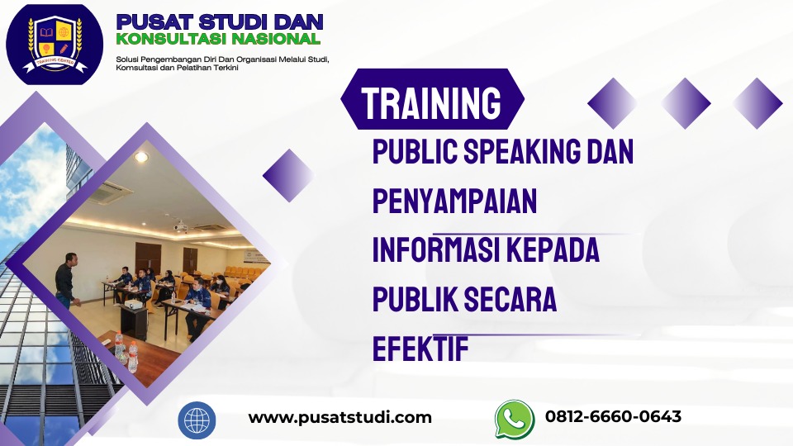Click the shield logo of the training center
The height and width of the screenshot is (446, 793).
(x=55, y=44)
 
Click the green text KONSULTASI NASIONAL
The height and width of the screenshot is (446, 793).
(x=218, y=39)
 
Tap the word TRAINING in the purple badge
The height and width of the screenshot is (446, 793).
(x=431, y=103)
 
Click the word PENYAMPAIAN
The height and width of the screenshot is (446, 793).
(x=454, y=201)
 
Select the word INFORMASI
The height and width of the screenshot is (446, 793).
(x=439, y=250)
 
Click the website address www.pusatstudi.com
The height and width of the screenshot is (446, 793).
(x=340, y=417)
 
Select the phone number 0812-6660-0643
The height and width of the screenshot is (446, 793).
(x=613, y=416)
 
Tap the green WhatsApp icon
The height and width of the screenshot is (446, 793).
(x=514, y=419)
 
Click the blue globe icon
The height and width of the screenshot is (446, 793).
(x=197, y=420)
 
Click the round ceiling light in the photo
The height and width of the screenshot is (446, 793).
(x=140, y=157)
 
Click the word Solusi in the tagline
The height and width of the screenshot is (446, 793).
(x=129, y=59)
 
